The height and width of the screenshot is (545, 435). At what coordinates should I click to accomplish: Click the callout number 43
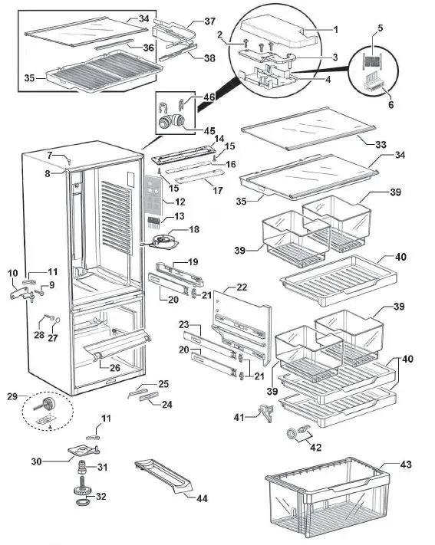(406, 465)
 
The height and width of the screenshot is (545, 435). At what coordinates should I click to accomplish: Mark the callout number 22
(242, 287)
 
